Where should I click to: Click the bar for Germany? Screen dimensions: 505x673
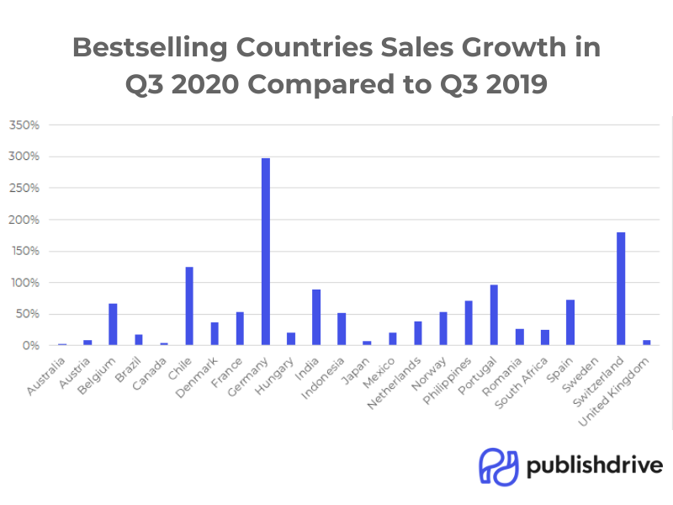pos(266,252)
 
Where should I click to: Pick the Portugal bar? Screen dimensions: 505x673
pos(494,315)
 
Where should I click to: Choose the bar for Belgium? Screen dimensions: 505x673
pos(113,324)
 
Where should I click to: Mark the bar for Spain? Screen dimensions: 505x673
pos(570,322)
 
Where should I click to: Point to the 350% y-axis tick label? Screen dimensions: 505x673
pos(24,125)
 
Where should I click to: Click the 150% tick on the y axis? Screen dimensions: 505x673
pos(24,251)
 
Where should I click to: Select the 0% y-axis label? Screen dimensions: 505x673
pos(30,345)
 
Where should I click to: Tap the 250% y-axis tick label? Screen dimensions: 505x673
pos(24,188)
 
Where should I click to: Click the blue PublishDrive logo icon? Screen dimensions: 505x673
pos(498,465)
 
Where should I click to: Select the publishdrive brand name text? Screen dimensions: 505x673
pos(595,465)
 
